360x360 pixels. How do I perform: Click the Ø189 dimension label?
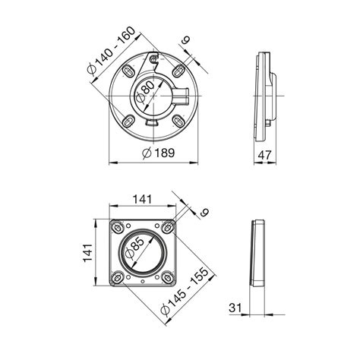point(159,153)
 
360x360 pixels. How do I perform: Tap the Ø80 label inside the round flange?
point(145,92)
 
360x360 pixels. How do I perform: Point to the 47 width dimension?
point(265,155)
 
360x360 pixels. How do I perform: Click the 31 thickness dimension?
point(235,308)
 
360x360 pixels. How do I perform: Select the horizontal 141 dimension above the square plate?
point(143,199)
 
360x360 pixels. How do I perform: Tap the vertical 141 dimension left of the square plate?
point(87,253)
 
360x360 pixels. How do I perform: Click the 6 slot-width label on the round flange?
point(186,39)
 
